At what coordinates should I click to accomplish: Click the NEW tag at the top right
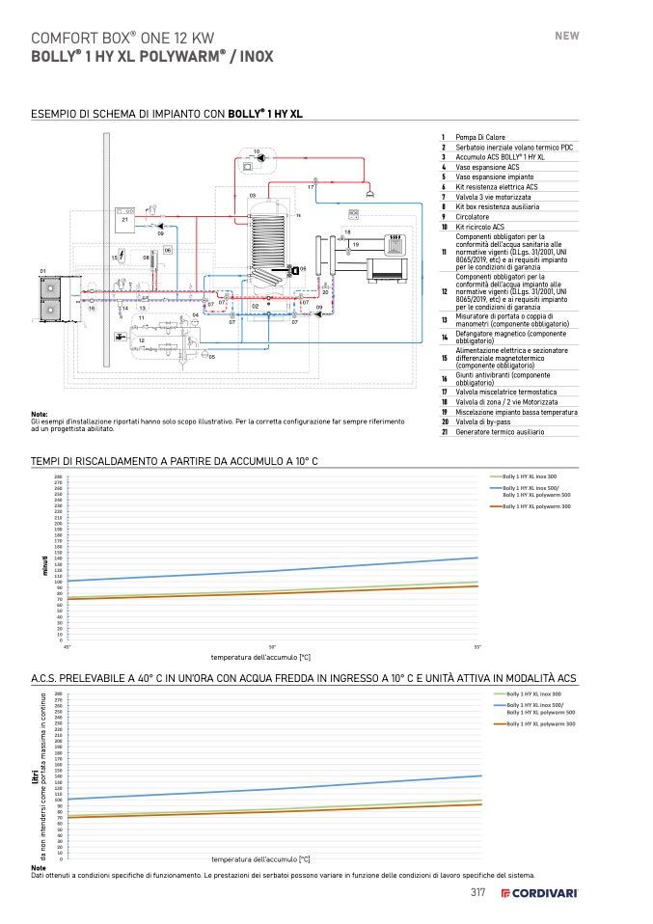pyautogui.click(x=566, y=36)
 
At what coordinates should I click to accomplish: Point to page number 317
pyautogui.click(x=476, y=892)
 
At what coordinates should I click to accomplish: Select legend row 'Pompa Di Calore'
pyautogui.click(x=480, y=138)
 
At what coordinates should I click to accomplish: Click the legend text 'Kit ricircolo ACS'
pyautogui.click(x=480, y=226)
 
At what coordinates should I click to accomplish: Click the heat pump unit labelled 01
pyautogui.click(x=46, y=287)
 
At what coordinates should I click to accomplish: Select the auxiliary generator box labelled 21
pyautogui.click(x=126, y=217)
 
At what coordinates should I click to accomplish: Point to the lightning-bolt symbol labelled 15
pyautogui.click(x=122, y=258)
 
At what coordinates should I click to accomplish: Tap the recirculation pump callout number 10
pyautogui.click(x=257, y=152)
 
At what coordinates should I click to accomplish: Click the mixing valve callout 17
pyautogui.click(x=311, y=186)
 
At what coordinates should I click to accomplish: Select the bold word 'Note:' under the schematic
pyautogui.click(x=40, y=414)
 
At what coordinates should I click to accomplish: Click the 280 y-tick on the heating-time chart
pyautogui.click(x=58, y=477)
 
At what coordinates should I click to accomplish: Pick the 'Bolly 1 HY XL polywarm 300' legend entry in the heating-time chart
pyautogui.click(x=536, y=505)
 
